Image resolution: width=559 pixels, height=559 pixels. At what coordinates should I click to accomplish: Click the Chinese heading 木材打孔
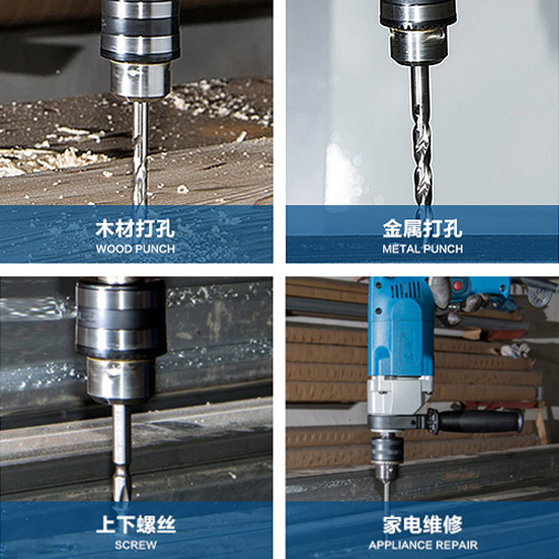(136, 228)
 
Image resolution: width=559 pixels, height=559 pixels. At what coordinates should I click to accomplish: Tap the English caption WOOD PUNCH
(136, 249)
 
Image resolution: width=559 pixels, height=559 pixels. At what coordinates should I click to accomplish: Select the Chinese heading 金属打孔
(423, 228)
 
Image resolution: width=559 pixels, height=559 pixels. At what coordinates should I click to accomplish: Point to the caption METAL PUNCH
(423, 249)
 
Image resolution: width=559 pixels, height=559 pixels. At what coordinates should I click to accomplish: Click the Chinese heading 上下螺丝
(136, 525)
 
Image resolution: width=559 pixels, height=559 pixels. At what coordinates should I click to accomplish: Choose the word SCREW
(136, 545)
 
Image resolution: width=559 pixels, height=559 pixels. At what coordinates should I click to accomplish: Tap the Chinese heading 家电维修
(423, 525)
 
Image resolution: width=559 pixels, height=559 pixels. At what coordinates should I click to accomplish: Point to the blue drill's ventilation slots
(407, 289)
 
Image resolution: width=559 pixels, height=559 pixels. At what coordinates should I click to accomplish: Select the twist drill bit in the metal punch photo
(421, 135)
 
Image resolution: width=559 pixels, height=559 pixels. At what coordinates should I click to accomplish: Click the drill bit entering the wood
(140, 153)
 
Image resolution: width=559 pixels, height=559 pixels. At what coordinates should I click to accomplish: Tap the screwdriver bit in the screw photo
(122, 453)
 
